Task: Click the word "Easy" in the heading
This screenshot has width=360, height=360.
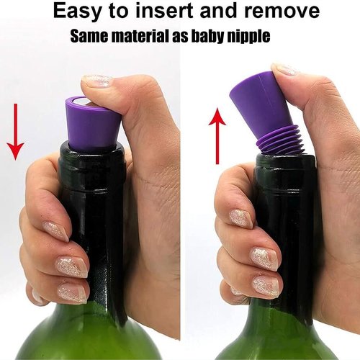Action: (77, 12)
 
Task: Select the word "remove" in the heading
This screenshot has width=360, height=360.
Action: (282, 11)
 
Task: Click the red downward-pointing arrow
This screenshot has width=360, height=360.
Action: (15, 132)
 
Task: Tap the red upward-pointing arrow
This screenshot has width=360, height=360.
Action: (217, 136)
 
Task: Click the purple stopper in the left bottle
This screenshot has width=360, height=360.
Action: (93, 122)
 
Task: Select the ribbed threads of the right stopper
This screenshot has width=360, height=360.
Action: (280, 140)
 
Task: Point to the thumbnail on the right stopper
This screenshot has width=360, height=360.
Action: (286, 69)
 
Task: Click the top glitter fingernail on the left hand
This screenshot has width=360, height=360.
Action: (56, 231)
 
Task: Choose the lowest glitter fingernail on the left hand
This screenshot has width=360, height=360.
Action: (73, 293)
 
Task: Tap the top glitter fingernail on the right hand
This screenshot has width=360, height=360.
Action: (241, 218)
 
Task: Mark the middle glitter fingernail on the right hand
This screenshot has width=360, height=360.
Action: (264, 259)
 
